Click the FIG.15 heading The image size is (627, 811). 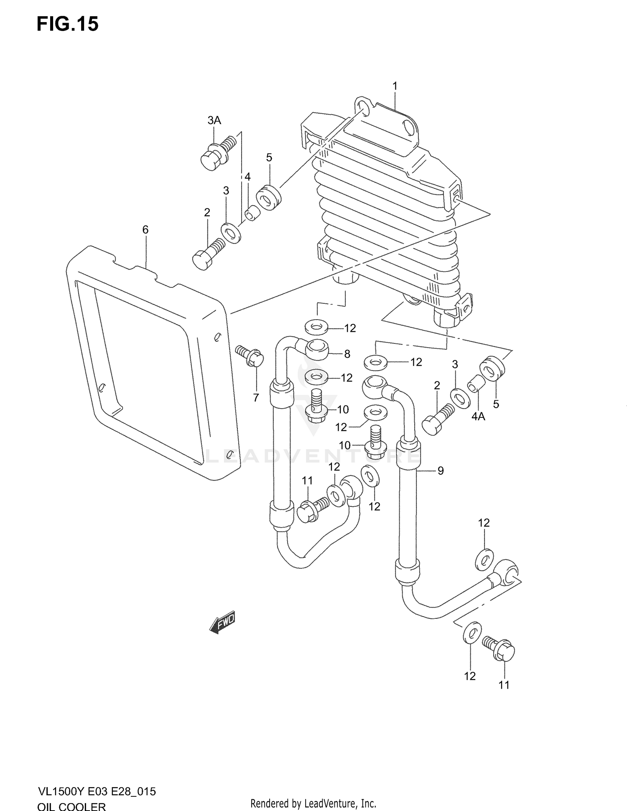68,24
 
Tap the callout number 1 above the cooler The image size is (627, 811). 395,86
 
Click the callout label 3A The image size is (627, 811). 214,121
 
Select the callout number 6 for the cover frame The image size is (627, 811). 145,229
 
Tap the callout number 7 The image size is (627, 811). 256,398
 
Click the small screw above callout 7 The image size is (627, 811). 249,356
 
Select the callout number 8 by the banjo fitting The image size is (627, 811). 347,354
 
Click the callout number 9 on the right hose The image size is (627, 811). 440,471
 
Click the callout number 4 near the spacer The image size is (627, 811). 247,177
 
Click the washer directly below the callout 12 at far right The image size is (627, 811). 485,559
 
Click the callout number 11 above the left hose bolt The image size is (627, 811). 307,481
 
